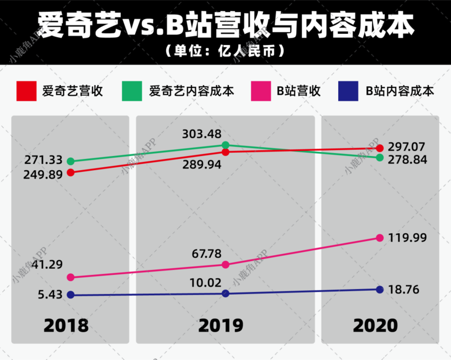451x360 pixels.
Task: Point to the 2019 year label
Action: click(x=221, y=325)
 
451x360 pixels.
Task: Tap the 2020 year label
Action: click(x=375, y=325)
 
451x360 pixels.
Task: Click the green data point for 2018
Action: click(x=70, y=161)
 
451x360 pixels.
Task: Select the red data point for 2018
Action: click(x=70, y=172)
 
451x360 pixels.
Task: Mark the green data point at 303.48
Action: click(x=225, y=145)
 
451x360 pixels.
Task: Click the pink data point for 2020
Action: click(x=380, y=238)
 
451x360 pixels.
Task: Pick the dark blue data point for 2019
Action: click(x=225, y=293)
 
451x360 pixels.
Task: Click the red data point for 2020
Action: click(x=380, y=148)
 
